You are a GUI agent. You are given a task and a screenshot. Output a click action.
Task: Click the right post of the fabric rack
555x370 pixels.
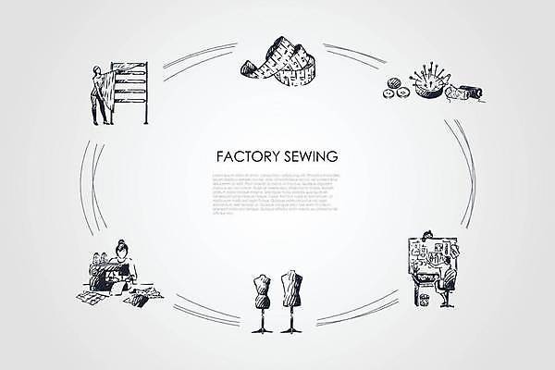coord(146,92)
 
